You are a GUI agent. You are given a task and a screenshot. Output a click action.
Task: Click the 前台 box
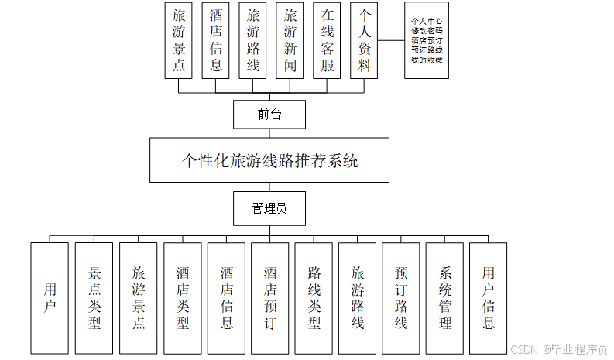pos(269,115)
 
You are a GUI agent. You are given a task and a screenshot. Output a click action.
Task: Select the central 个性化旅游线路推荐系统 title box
pos(269,160)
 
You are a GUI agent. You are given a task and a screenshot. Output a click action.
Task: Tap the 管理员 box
pos(269,209)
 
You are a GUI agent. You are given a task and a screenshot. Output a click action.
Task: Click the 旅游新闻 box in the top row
pos(290,40)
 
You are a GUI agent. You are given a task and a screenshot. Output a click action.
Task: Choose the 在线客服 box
pos(327,40)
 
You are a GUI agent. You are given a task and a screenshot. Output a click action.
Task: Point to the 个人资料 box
pos(364,40)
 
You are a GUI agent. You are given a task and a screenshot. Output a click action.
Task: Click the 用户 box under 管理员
pos(50,298)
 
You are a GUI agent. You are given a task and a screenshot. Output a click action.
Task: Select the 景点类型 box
pos(94,298)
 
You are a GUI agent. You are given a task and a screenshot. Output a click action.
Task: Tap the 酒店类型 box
pos(182,298)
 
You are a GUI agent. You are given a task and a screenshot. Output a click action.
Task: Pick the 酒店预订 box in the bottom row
pos(269,298)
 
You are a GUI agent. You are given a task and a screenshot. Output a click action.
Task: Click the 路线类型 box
pos(314,298)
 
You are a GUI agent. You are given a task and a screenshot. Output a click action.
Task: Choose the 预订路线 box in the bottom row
pos(401,298)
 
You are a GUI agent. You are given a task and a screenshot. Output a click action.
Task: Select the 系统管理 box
pos(444,298)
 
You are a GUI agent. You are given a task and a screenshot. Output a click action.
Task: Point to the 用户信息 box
pos(489,298)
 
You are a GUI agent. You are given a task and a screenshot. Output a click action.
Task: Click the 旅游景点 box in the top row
pos(179,40)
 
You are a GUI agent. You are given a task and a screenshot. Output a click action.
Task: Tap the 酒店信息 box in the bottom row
pos(226,298)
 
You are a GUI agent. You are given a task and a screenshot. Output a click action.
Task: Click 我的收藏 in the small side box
pos(427,60)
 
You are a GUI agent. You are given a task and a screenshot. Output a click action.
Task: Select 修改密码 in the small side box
pos(427,32)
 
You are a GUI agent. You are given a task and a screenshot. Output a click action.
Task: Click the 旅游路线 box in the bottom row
pos(357,298)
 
